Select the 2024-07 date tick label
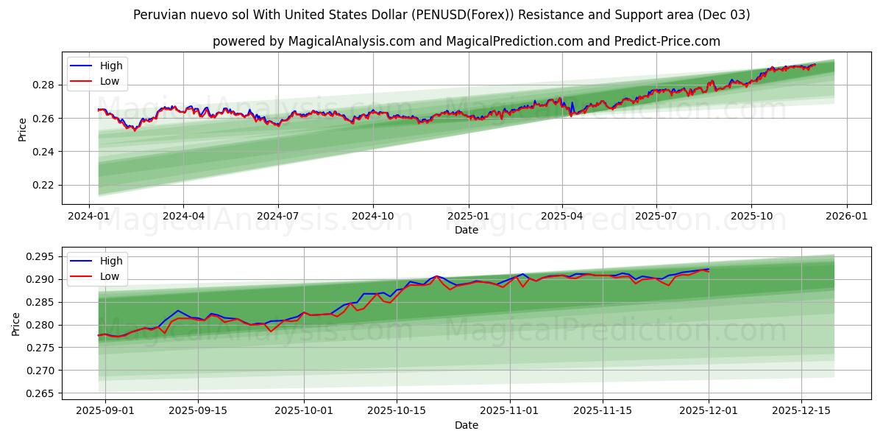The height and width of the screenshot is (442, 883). tap(277, 216)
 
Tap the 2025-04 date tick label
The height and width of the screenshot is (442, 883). tap(562, 216)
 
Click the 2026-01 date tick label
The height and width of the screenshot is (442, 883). tap(846, 216)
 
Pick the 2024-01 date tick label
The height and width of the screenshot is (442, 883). tap(89, 216)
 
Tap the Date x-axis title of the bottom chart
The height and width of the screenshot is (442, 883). tap(466, 425)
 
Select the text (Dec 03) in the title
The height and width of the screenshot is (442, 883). tap(726, 15)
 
